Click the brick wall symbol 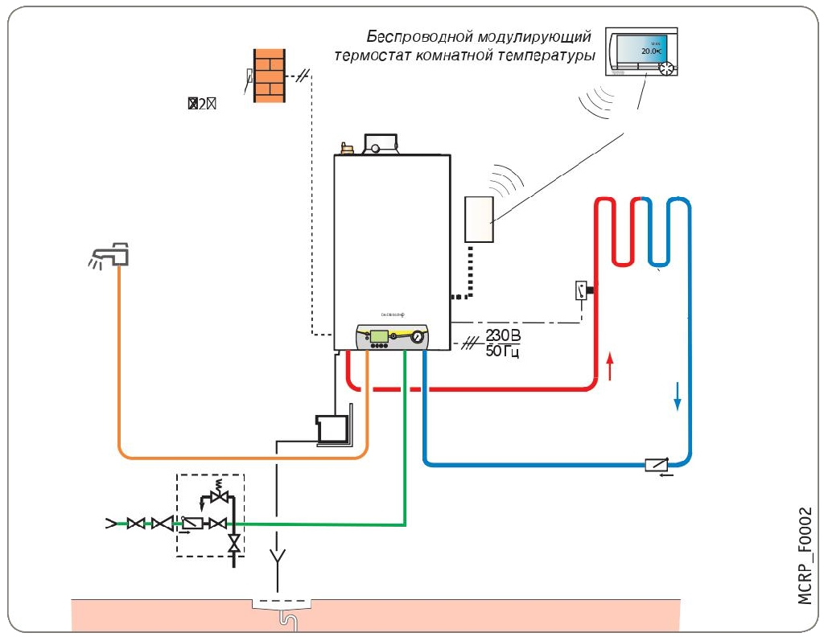pyautogui.click(x=270, y=76)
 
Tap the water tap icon pyautogui.click(x=113, y=255)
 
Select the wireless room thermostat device pyautogui.click(x=641, y=53)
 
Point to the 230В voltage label pyautogui.click(x=503, y=335)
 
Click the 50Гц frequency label pyautogui.click(x=503, y=351)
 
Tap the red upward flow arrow pyautogui.click(x=610, y=366)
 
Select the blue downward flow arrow pyautogui.click(x=677, y=395)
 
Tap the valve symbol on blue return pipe pyautogui.click(x=656, y=464)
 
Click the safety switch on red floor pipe pyautogui.click(x=581, y=290)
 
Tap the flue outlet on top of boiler pyautogui.click(x=379, y=145)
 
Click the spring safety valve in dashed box pyautogui.click(x=215, y=491)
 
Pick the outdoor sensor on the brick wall pyautogui.click(x=249, y=77)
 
